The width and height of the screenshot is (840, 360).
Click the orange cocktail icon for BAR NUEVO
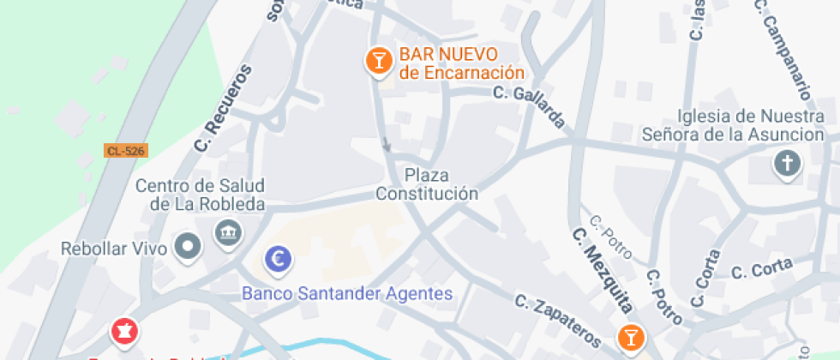click(x=376, y=61)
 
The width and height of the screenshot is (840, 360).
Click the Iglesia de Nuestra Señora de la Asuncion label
click(x=738, y=125)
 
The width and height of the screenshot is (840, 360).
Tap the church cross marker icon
click(x=786, y=163)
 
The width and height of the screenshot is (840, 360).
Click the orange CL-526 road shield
click(x=126, y=151)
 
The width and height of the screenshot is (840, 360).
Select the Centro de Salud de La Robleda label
click(x=201, y=195)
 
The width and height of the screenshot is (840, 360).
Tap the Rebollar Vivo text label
click(x=112, y=249)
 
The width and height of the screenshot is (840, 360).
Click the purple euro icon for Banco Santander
click(x=278, y=258)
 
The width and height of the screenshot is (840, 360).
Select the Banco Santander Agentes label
click(x=347, y=294)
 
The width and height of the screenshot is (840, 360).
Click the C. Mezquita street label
click(x=603, y=270)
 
